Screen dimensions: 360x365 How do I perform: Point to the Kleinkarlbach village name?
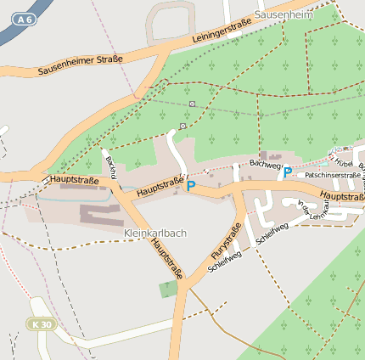tap(154, 233)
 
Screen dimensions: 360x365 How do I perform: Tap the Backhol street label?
tap(110, 167)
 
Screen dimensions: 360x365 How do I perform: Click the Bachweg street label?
tap(265, 162)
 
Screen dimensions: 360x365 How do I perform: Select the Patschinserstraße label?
tap(333, 174)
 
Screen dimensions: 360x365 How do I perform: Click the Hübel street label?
tap(343, 161)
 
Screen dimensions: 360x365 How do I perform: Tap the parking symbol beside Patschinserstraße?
tap(288, 172)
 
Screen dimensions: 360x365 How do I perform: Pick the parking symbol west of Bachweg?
tap(191, 186)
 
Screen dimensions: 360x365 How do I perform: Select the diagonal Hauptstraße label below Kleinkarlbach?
tap(166, 258)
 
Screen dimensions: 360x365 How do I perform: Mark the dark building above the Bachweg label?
tap(273, 155)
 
